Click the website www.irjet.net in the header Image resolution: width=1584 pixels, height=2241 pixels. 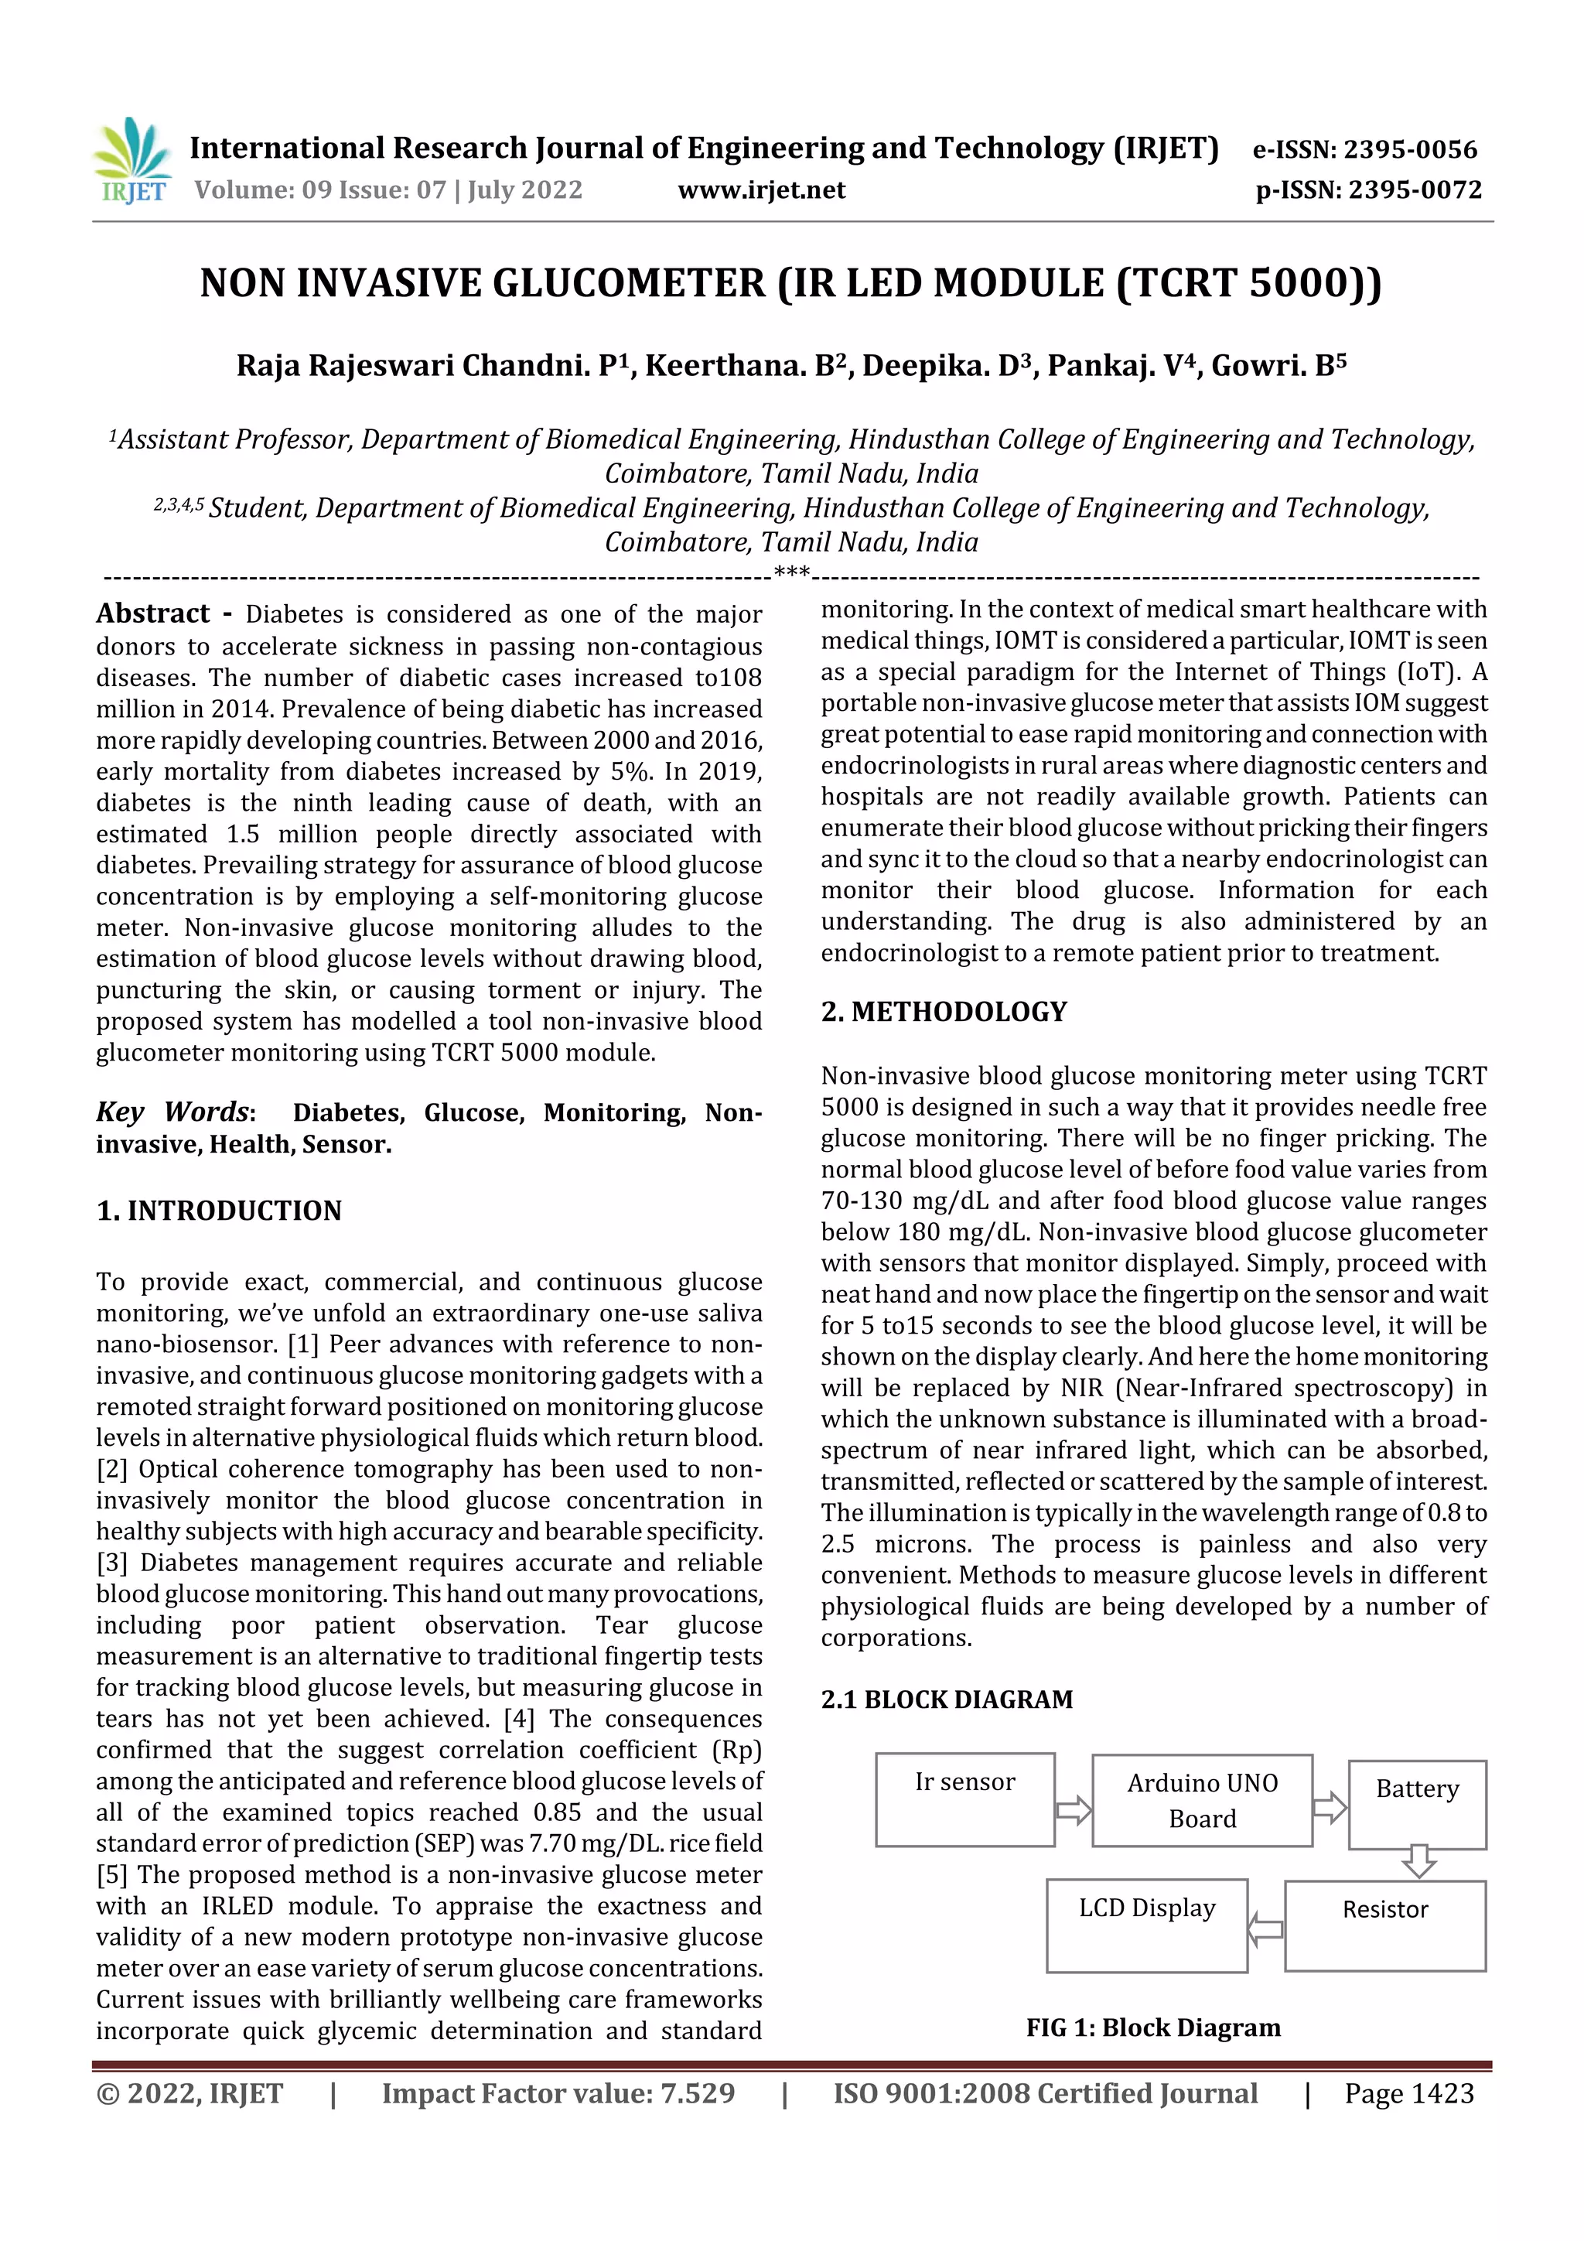pos(761,190)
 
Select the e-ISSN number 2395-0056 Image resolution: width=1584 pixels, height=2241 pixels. pos(1409,149)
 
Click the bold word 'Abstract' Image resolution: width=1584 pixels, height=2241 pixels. pos(152,614)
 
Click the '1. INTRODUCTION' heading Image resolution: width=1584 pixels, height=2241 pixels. pos(219,1211)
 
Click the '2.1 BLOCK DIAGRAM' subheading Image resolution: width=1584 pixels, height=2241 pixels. pos(946,1700)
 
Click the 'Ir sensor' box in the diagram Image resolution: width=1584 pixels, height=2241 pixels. pos(964,1799)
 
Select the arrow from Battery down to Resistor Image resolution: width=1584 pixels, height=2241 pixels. pos(1417,1860)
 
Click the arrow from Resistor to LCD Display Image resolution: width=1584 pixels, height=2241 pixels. pos(1266,1928)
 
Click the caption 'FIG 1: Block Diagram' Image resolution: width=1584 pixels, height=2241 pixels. pos(1152,2028)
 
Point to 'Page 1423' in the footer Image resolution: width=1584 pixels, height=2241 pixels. pos(1408,2093)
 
